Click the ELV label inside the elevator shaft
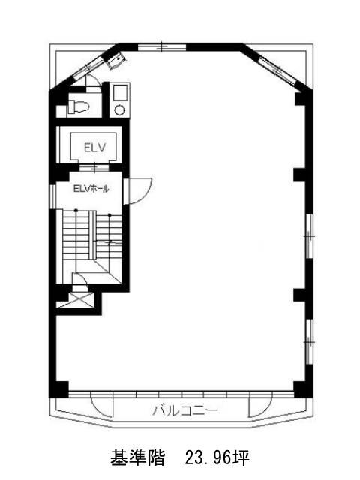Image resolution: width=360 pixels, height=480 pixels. pyautogui.click(x=95, y=148)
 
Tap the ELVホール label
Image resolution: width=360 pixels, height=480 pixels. pyautogui.click(x=91, y=189)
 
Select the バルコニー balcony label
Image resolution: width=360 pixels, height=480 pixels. pyautogui.click(x=185, y=410)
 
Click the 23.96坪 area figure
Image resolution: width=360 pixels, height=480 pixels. pyautogui.click(x=217, y=457)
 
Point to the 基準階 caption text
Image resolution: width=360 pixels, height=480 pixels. pyautogui.click(x=137, y=457)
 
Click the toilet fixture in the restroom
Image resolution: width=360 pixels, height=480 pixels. pyautogui.click(x=78, y=106)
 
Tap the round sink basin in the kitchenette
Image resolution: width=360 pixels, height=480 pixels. pyautogui.click(x=119, y=109)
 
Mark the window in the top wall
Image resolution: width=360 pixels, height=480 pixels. pyautogui.click(x=162, y=47)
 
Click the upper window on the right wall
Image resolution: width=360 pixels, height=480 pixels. pyautogui.click(x=309, y=236)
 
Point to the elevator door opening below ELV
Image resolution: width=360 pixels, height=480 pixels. pyautogui.click(x=94, y=168)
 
